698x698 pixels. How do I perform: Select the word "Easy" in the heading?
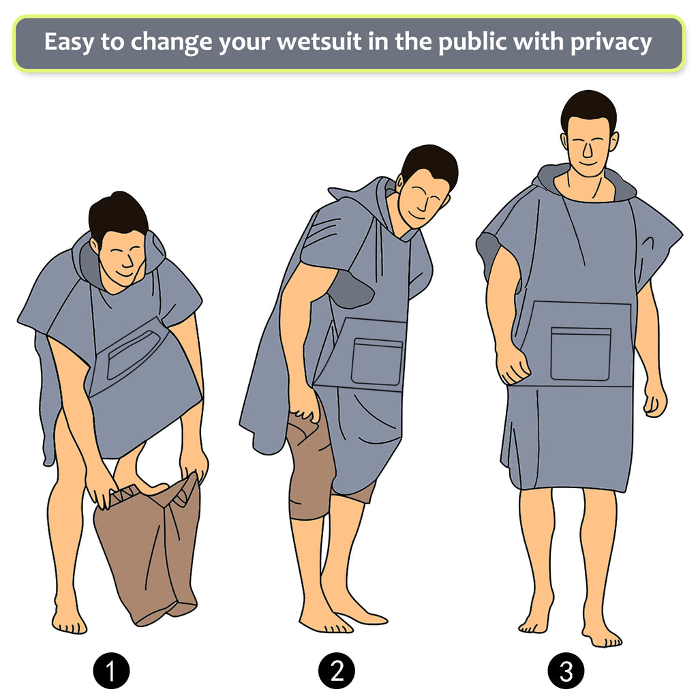pos(69,43)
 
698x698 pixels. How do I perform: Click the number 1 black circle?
pos(111,671)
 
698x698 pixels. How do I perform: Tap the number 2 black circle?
pos(337,671)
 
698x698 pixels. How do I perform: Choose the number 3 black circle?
pos(566,671)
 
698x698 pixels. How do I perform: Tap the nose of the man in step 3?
pos(588,150)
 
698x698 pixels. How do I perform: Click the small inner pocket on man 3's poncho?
pos(581,354)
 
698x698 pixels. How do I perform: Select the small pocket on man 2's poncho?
pos(377,361)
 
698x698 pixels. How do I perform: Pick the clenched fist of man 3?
pos(513,366)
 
